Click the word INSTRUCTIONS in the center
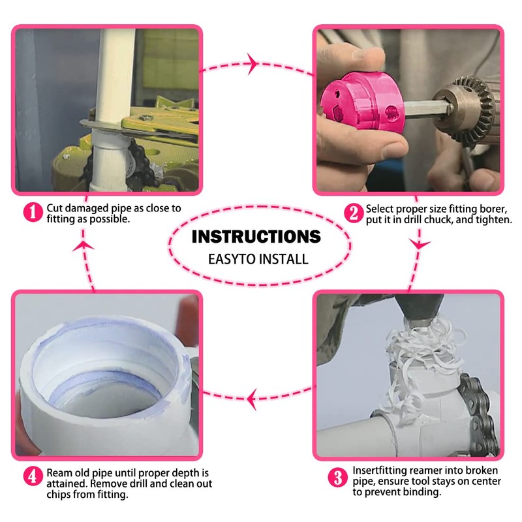click(x=256, y=237)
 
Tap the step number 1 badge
click(x=33, y=212)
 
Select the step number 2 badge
click(x=354, y=213)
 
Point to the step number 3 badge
click(x=337, y=478)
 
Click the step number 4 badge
click(x=33, y=476)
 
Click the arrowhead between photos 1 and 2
click(x=253, y=63)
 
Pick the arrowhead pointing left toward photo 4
click(x=252, y=399)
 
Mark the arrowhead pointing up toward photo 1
click(x=84, y=247)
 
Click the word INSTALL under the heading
click(x=283, y=259)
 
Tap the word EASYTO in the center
click(x=232, y=259)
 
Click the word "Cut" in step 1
click(x=55, y=208)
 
